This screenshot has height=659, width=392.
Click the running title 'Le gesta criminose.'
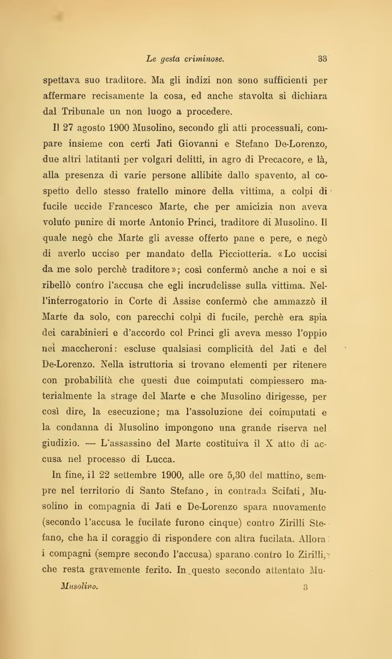(x=185, y=58)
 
